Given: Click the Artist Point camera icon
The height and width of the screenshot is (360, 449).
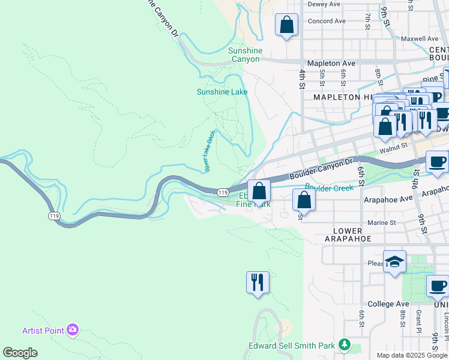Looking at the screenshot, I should [x=73, y=329].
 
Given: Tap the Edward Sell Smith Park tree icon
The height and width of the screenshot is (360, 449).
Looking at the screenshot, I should [x=345, y=345].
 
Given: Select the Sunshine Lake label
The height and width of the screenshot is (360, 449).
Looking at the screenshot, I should [x=222, y=92].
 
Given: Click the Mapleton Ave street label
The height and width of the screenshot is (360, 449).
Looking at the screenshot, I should [x=331, y=63].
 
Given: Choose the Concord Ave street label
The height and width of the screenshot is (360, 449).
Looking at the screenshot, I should [x=327, y=21].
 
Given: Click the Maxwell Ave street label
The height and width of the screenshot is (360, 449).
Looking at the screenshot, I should [x=420, y=38].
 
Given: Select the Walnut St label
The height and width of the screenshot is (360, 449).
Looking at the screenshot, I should [x=393, y=145].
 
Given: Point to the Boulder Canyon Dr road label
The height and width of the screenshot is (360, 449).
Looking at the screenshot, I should [x=321, y=170].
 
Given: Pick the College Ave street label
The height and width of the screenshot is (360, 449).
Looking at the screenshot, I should [x=388, y=304].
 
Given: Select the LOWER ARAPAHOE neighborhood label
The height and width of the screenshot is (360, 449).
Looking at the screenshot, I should [x=348, y=235].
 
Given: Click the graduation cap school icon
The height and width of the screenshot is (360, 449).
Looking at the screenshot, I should [x=394, y=262].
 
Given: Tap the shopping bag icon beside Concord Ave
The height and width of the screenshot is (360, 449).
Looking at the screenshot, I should [x=286, y=25].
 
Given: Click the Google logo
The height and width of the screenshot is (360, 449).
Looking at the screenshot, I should [x=20, y=353].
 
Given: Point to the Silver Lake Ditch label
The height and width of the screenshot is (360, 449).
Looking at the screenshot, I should [x=209, y=152].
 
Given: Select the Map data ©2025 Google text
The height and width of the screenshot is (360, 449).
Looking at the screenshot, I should [x=411, y=355].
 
